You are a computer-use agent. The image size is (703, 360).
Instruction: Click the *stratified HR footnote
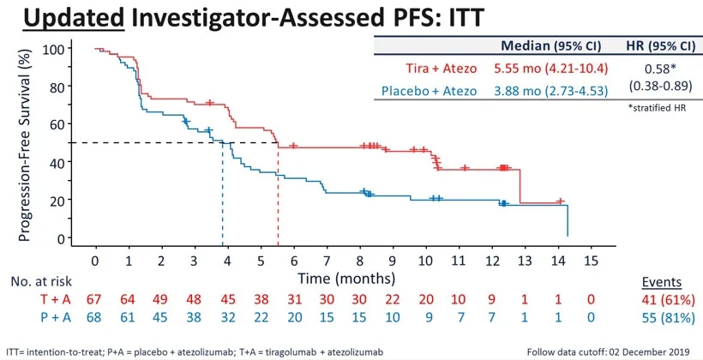pyautogui.click(x=655, y=109)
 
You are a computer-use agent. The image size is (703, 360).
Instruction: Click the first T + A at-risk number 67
pyautogui.click(x=95, y=300)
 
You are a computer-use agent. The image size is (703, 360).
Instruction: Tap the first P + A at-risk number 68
pyautogui.click(x=95, y=318)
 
